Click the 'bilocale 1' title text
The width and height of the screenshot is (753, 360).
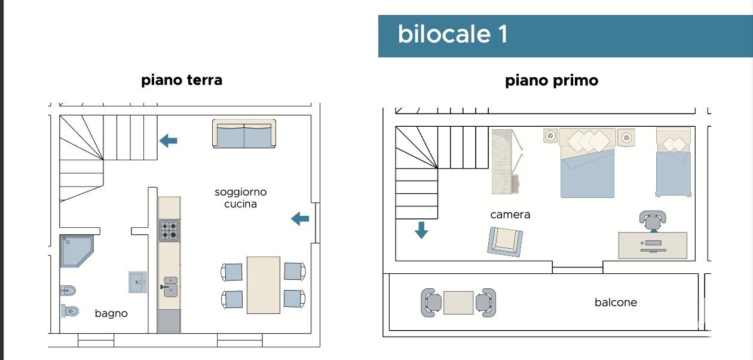click(452, 35)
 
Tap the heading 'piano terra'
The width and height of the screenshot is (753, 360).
click(182, 80)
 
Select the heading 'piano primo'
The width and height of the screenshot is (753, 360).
click(552, 81)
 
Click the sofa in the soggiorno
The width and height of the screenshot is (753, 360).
click(244, 135)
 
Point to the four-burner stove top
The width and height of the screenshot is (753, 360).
click(169, 230)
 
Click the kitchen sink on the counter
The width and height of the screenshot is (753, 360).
click(170, 287)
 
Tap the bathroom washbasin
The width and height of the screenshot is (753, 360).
click(137, 282)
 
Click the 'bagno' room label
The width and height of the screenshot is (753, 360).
click(111, 313)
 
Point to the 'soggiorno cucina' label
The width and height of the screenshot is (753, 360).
click(241, 198)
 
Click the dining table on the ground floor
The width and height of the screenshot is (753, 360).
click(263, 285)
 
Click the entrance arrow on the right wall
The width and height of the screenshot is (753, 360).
click(300, 219)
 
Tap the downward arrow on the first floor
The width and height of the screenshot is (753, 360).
click(421, 230)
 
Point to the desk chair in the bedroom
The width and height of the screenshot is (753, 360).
click(652, 220)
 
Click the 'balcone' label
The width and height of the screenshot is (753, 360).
click(616, 303)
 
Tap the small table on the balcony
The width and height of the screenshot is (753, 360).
click(458, 303)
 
